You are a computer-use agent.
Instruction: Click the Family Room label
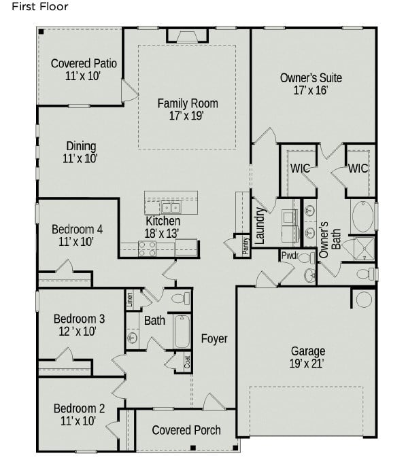coord(188,109)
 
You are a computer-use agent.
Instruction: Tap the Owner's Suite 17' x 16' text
coord(311,84)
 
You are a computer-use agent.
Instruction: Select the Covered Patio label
coord(84,69)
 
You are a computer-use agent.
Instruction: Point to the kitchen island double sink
coord(170,208)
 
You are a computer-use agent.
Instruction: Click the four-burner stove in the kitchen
coord(147,248)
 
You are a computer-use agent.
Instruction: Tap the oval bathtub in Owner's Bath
coord(362,217)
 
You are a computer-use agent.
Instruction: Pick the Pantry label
coord(245,245)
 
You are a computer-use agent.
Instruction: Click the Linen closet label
coord(129,299)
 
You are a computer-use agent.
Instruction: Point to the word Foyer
coord(214,338)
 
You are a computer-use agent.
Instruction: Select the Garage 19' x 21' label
coord(307,357)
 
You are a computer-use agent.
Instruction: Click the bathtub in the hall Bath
coord(182,331)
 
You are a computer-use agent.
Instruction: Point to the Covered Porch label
coord(186,430)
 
